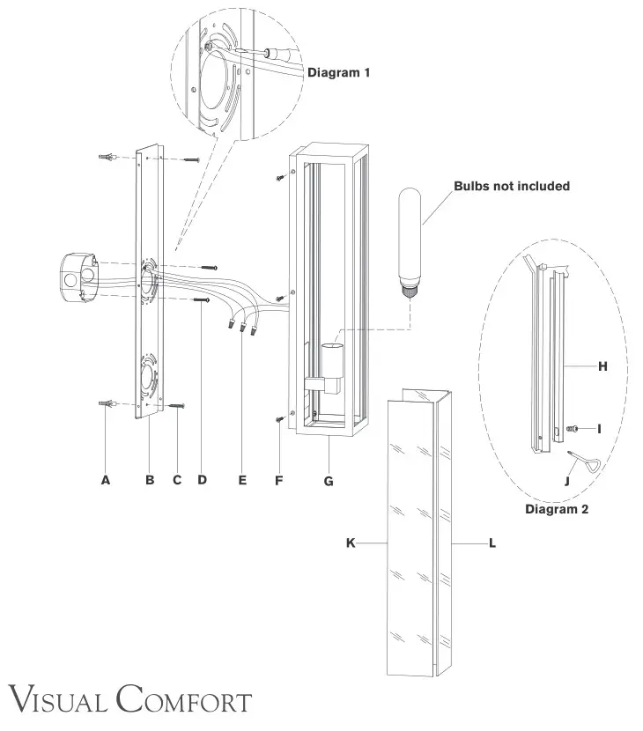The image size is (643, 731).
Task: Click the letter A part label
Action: (106, 480)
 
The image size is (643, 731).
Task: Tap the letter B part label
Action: (150, 480)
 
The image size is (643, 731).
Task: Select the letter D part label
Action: (202, 480)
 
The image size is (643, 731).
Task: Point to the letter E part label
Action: (242, 480)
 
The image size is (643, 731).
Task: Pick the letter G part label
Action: (329, 480)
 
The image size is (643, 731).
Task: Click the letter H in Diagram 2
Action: (602, 366)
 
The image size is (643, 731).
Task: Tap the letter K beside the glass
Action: (350, 544)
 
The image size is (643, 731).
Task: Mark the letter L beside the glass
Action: (491, 544)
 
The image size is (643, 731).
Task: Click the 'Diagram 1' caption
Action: (338, 73)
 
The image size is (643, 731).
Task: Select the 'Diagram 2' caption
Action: (557, 509)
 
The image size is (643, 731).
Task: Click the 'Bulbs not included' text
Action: (512, 186)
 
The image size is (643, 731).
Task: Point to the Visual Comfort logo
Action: (127, 702)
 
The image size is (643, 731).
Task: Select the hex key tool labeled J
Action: (581, 461)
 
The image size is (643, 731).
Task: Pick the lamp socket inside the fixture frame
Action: (329, 361)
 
